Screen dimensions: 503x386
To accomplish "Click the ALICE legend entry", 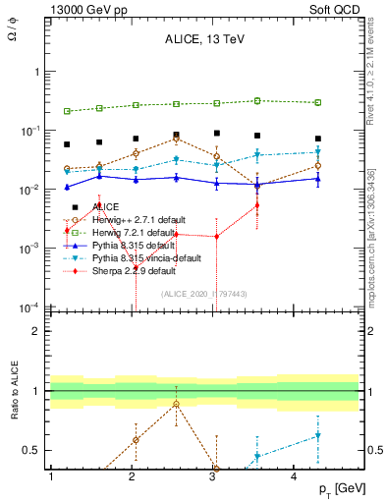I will (x=105, y=206).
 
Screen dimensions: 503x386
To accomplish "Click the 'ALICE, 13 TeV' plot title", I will (x=205, y=41).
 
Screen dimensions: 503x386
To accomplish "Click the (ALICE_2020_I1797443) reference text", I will (x=205, y=293).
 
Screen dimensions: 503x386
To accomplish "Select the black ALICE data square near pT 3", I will (x=217, y=133).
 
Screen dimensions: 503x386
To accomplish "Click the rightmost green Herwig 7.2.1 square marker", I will (x=318, y=102).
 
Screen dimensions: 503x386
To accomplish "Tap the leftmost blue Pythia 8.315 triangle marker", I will (x=67, y=187).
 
